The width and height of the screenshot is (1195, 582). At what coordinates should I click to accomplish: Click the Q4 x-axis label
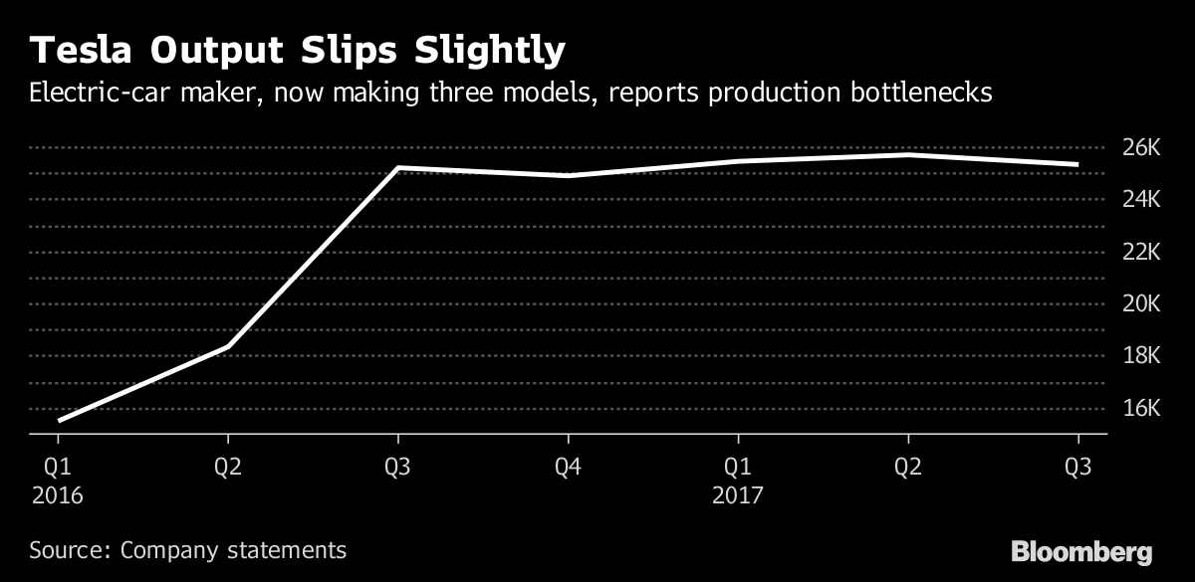pos(568,468)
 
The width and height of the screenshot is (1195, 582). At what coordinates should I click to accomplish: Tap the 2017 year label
pos(738,494)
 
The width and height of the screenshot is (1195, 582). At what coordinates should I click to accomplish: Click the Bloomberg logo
pos(1081,551)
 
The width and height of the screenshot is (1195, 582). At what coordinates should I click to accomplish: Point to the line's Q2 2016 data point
pos(229,346)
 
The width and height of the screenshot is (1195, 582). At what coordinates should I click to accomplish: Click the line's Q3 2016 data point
pos(398,168)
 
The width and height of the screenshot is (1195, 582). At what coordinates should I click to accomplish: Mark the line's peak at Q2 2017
pos(908,155)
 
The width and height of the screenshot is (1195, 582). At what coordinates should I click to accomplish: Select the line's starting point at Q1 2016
pos(60,420)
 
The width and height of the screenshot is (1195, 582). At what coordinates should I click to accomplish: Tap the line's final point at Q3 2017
pos(1077,164)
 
